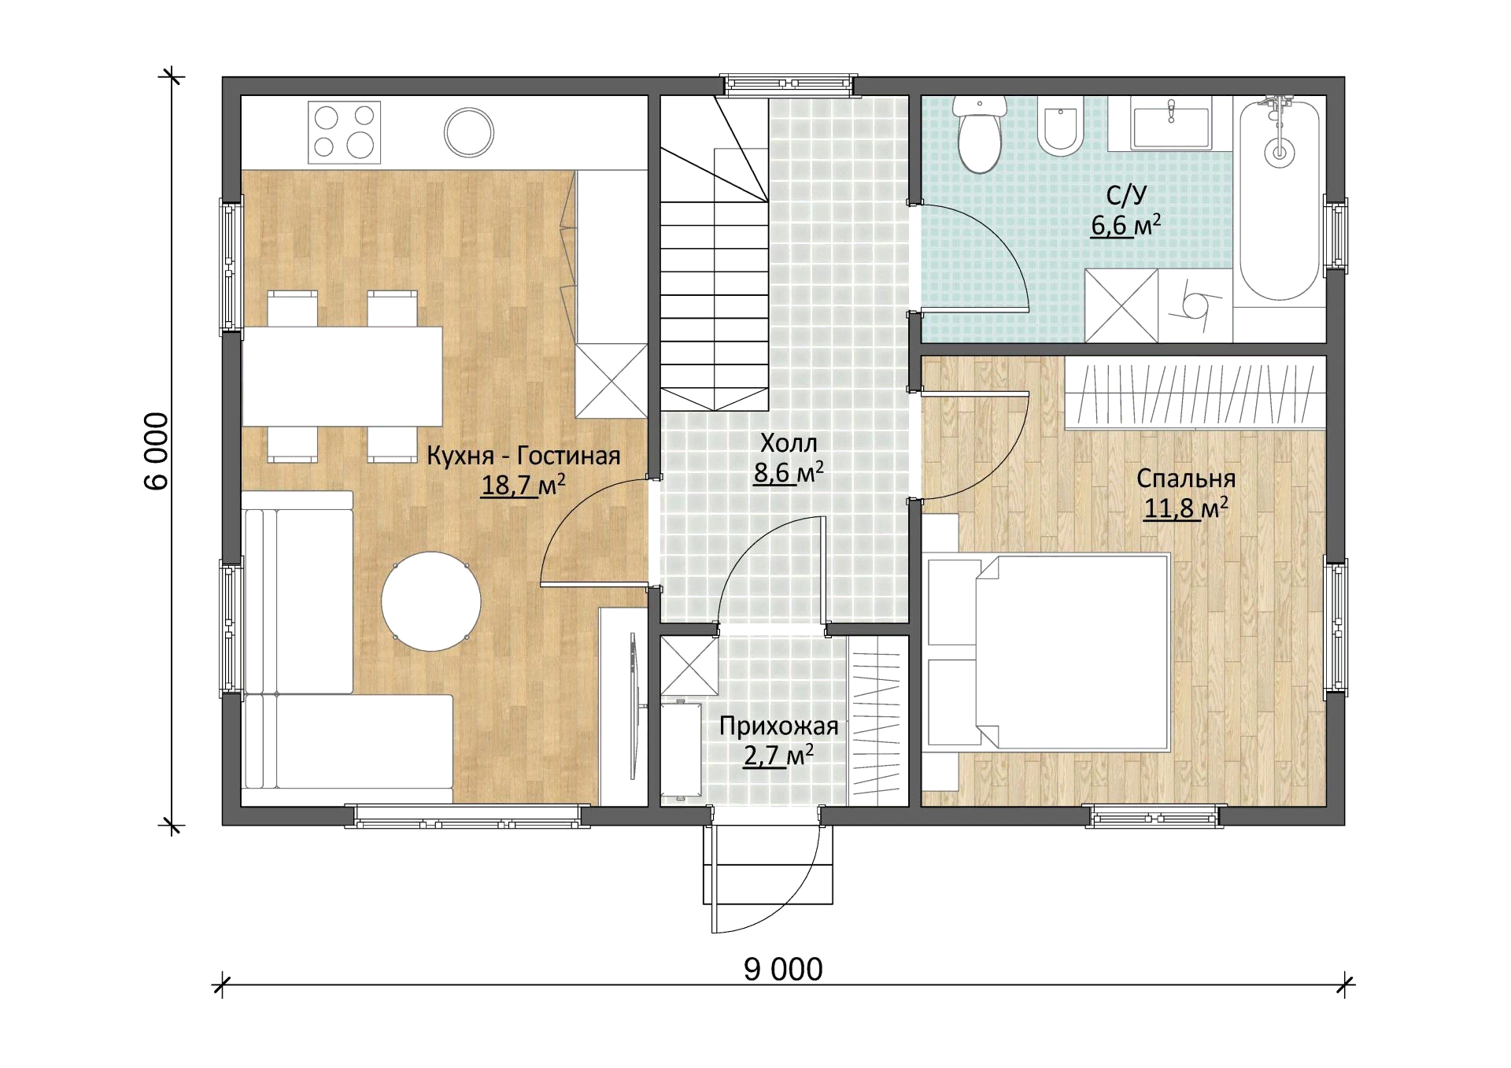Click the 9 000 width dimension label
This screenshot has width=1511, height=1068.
coord(783,969)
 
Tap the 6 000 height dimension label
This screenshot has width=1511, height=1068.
coord(157,452)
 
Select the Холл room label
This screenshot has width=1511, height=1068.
coord(789,443)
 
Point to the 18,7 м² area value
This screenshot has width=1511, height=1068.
coord(523,485)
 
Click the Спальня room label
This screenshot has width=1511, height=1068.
coord(1186,479)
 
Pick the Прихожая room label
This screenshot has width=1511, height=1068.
coord(778,726)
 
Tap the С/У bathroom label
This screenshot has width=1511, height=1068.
coord(1126,195)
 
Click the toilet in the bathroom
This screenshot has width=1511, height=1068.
coord(980,134)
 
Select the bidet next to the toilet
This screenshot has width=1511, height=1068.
coord(1060,127)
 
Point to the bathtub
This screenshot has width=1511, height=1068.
coord(1280,199)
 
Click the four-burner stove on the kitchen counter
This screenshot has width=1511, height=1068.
coord(344,132)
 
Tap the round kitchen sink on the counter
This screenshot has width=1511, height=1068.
coord(469,132)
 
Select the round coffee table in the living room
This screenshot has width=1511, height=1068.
coord(431,601)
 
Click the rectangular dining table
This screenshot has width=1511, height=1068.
coord(342,376)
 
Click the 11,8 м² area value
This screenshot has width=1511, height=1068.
coord(1186,508)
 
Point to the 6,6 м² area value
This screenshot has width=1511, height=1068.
coord(1126,225)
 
